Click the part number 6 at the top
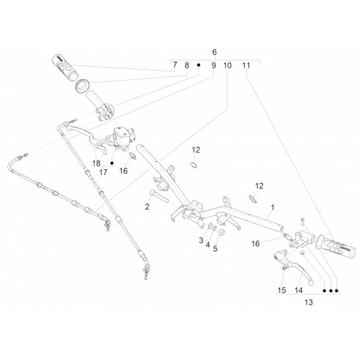point(215,52)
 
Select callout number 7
point(175,65)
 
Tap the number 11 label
point(246,65)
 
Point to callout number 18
point(96,163)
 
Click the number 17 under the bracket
point(103,172)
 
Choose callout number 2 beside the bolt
point(147,207)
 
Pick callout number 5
point(215,248)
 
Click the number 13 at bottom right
point(309,302)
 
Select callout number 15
point(282,290)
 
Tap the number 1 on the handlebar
point(272,207)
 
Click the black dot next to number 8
point(199,65)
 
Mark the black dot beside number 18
point(112,163)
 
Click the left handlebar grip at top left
point(65,67)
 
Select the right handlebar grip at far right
point(336,248)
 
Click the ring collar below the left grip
point(82,85)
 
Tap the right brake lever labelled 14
point(294,265)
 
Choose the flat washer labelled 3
point(210,225)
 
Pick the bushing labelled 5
point(222,233)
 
